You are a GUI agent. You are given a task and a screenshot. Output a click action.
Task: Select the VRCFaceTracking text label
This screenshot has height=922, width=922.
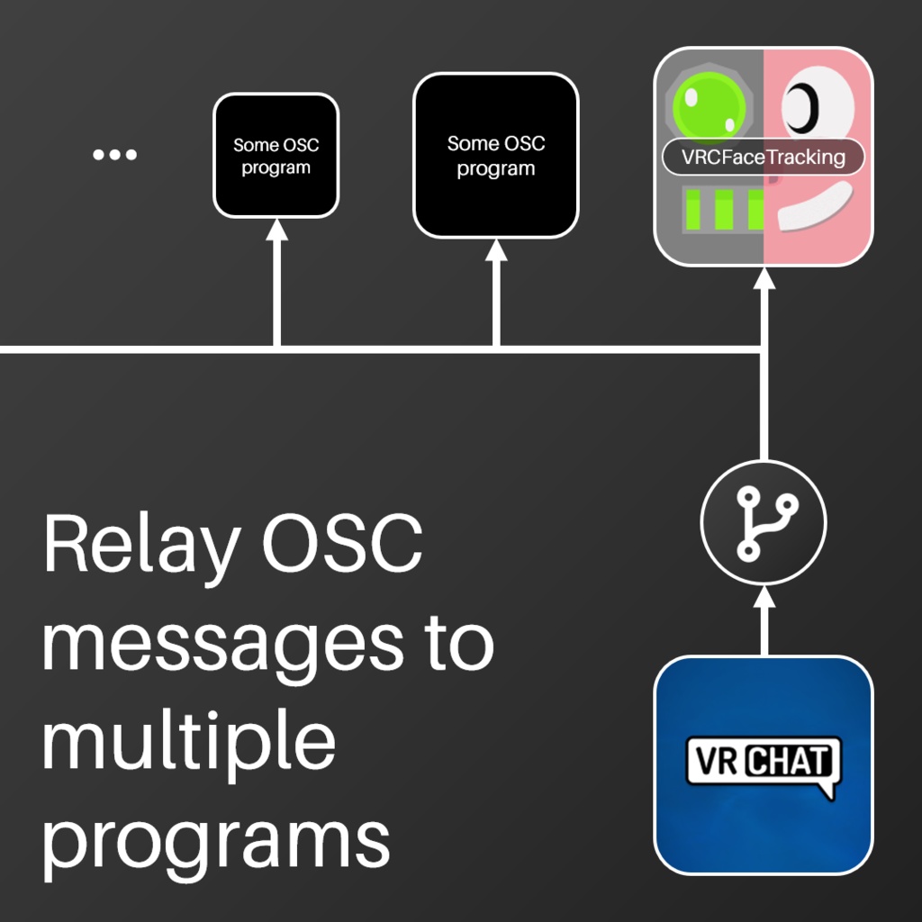(x=764, y=158)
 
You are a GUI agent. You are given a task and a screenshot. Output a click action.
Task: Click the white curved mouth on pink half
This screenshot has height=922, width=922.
(x=814, y=207)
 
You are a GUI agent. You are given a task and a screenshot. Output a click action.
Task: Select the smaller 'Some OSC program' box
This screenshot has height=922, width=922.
(x=276, y=156)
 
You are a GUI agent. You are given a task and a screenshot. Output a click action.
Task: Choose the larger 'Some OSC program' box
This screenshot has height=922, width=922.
(x=495, y=156)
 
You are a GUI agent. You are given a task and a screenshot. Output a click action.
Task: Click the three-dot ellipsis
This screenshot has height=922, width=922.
(x=115, y=155)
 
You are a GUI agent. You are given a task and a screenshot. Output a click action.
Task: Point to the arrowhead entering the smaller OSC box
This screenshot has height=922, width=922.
(x=276, y=229)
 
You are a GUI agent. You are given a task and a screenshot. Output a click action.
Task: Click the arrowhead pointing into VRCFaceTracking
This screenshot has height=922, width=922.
(x=764, y=276)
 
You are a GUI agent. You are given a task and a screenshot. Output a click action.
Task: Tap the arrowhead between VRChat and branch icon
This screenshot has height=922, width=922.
(x=764, y=596)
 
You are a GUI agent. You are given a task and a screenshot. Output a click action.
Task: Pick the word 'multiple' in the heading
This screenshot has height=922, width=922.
(x=189, y=747)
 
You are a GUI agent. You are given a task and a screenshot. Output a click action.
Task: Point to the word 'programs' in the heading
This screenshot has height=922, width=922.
(x=216, y=842)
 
